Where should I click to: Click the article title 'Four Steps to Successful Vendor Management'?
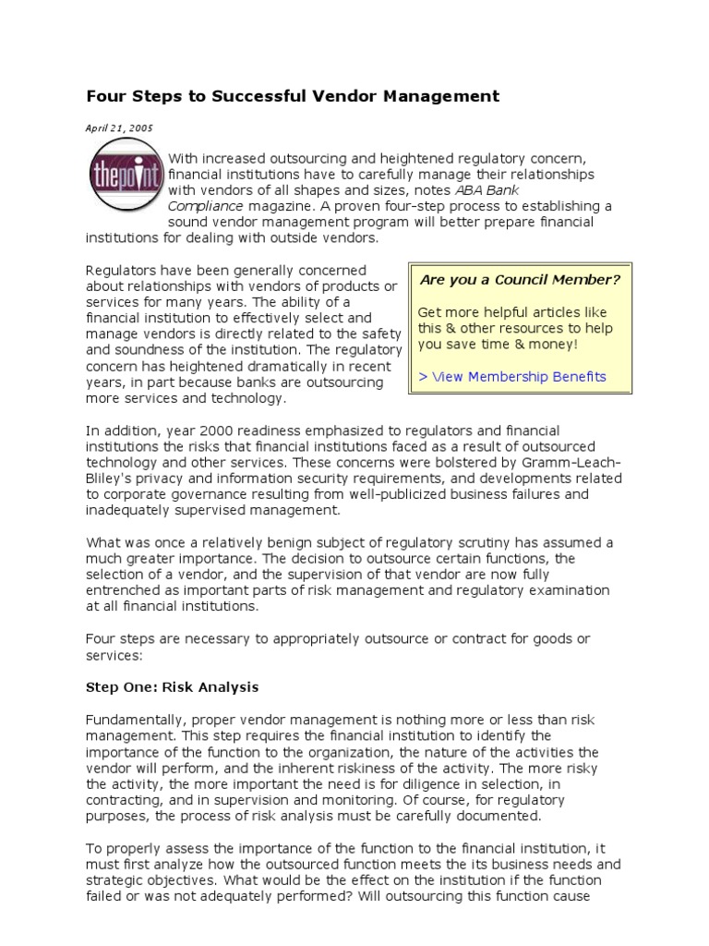[x=293, y=96]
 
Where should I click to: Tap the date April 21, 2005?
[x=120, y=128]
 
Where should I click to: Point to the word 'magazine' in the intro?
[x=280, y=205]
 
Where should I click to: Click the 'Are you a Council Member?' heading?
[x=519, y=279]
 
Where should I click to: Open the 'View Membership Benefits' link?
[x=512, y=376]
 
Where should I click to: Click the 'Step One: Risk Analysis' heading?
[x=173, y=687]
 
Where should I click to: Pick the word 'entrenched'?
[x=124, y=589]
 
